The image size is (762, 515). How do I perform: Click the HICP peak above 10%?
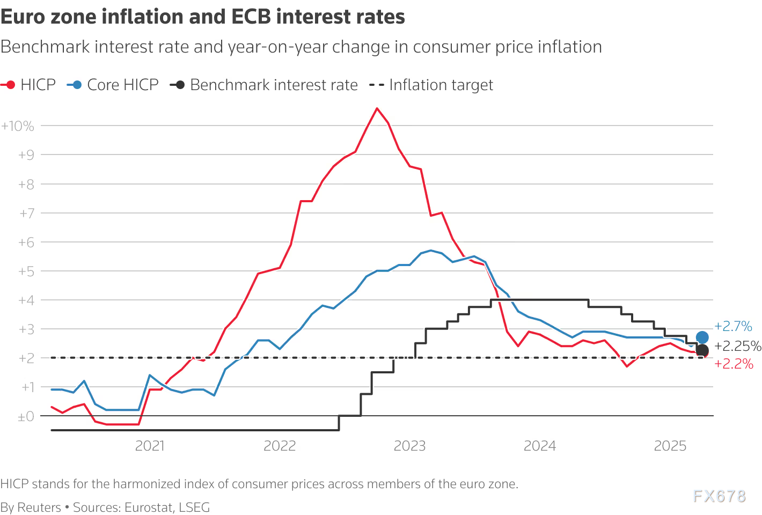click(377, 108)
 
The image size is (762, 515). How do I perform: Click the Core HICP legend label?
click(123, 85)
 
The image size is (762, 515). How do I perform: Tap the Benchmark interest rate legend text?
click(274, 85)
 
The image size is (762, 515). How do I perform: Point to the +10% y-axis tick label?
click(18, 126)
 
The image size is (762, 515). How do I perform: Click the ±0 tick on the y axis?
click(26, 416)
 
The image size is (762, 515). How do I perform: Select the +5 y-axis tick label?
click(26, 271)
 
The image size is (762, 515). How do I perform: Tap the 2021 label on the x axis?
click(150, 446)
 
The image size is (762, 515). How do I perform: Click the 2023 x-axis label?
click(409, 446)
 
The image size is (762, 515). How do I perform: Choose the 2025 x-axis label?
click(670, 446)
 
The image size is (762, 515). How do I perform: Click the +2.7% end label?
click(733, 326)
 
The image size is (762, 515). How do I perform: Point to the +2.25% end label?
click(738, 346)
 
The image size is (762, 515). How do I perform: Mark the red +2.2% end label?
click(734, 364)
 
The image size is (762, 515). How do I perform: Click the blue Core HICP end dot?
click(702, 337)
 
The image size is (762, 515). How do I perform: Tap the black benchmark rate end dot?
click(702, 350)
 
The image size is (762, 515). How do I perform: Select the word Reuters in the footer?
click(39, 507)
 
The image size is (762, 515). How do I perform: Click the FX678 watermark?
click(719, 496)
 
